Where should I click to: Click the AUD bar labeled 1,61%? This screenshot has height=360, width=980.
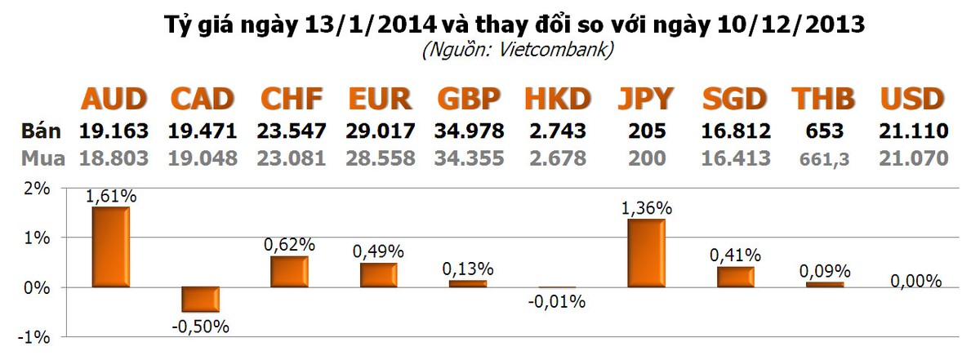click(110, 247)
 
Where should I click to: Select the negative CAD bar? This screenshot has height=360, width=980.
click(200, 300)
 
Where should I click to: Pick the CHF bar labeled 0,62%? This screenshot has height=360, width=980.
click(289, 272)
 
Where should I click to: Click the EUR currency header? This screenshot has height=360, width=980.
click(379, 100)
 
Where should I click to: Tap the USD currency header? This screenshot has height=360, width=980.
click(912, 100)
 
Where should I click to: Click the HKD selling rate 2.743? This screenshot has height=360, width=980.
click(556, 131)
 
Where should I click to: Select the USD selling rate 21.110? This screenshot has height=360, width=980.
click(912, 131)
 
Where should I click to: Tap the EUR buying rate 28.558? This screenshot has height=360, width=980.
click(379, 158)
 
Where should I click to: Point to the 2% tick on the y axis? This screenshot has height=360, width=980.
click(36, 189)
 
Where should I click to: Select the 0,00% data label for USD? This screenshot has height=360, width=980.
click(916, 281)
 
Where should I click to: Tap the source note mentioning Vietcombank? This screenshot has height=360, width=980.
click(517, 51)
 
